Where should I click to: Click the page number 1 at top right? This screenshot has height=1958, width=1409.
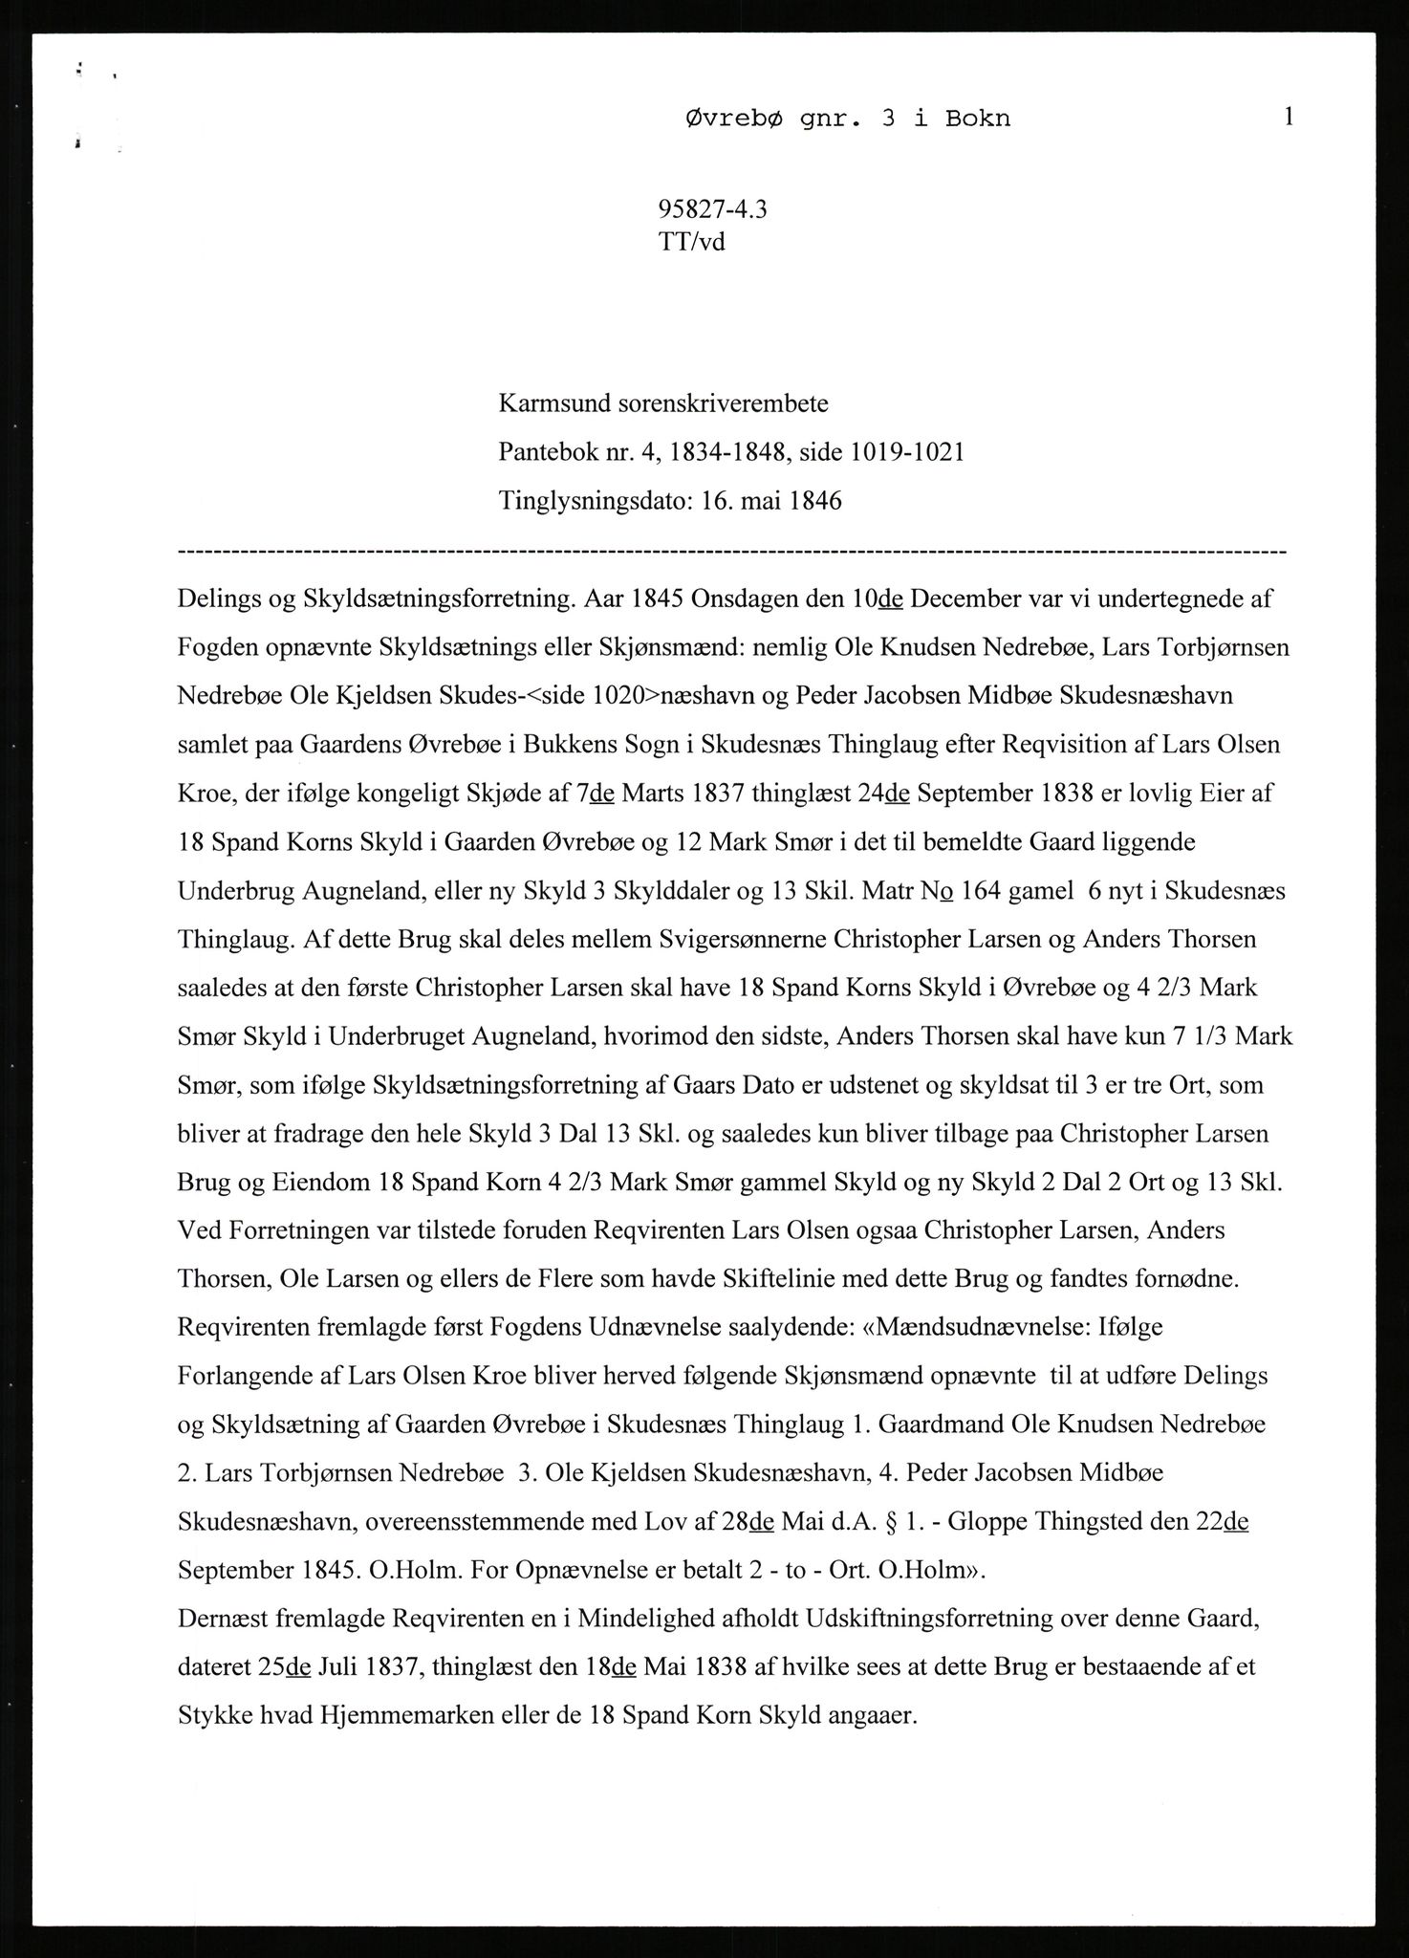click(1289, 117)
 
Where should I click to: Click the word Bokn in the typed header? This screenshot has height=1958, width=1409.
click(977, 120)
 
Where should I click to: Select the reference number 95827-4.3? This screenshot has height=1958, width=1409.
click(713, 209)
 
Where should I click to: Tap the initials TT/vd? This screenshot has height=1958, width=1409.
click(692, 242)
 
